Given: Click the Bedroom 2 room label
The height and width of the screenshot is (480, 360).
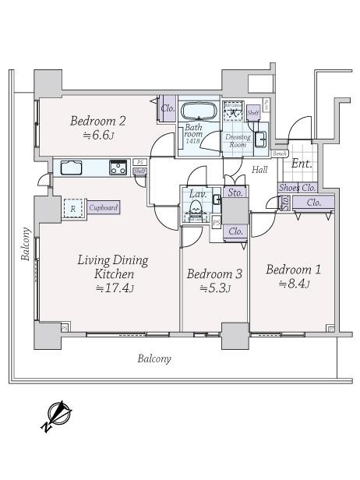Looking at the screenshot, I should tap(97, 121).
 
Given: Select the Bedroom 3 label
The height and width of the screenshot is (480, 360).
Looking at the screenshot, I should tap(214, 274).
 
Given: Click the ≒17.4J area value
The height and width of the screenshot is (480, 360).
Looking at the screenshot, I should tap(115, 289).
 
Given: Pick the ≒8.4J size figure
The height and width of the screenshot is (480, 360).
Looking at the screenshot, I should tap(294, 284).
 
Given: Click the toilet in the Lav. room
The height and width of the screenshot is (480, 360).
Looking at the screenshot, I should tap(195, 208).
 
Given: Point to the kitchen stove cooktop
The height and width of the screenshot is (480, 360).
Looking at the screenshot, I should tap(118, 166).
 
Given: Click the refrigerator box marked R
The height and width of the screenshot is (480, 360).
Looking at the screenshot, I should tap(73, 208).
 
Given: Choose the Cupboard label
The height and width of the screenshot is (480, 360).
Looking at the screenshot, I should tap(103, 208).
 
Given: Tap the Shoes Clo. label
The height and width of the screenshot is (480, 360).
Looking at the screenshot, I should tap(297, 187).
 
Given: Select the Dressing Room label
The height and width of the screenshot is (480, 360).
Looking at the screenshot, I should tap(237, 141).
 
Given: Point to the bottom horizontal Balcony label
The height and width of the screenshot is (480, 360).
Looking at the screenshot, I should tap(154, 359).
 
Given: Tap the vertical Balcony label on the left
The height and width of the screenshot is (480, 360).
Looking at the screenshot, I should tap(26, 245).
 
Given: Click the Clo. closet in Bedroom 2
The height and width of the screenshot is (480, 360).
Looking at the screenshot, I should tap(167, 109).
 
